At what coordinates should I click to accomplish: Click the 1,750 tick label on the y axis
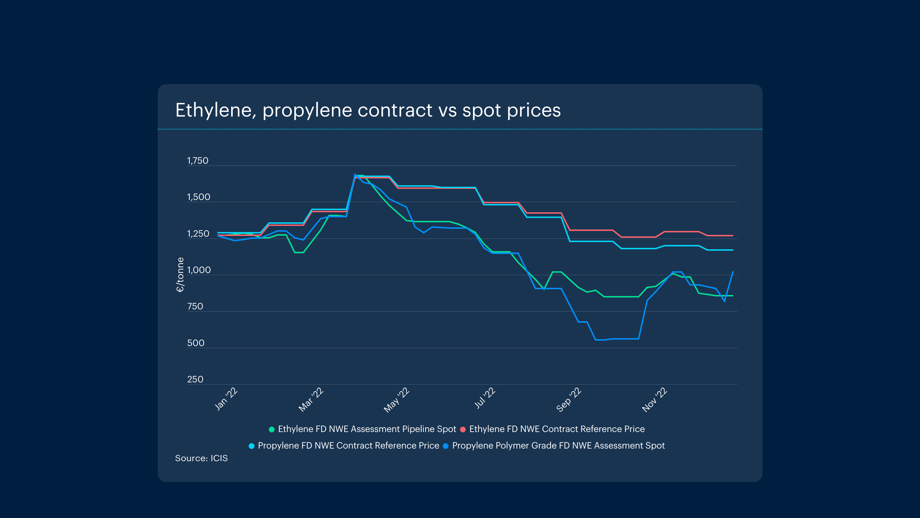pyautogui.click(x=198, y=161)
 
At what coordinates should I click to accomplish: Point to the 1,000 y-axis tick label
pyautogui.click(x=199, y=270)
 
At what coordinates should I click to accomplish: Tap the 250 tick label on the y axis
pyautogui.click(x=195, y=380)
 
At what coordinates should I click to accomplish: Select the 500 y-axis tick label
pyautogui.click(x=195, y=343)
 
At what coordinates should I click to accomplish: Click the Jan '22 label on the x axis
pyautogui.click(x=226, y=399)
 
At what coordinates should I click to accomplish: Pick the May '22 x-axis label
pyautogui.click(x=396, y=400)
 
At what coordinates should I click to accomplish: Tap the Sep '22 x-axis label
pyautogui.click(x=569, y=400)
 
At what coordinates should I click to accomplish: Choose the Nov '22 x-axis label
pyautogui.click(x=654, y=400)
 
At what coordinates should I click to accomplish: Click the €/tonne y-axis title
pyautogui.click(x=180, y=274)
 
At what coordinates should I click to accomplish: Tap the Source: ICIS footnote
pyautogui.click(x=201, y=458)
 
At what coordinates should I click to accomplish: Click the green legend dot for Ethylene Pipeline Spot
pyautogui.click(x=272, y=430)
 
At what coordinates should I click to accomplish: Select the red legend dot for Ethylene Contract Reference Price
pyautogui.click(x=463, y=430)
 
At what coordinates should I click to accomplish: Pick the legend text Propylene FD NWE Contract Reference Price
pyautogui.click(x=348, y=446)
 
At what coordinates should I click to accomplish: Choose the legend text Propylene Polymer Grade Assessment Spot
pyautogui.click(x=558, y=446)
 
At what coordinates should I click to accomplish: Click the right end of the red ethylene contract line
pyautogui.click(x=732, y=236)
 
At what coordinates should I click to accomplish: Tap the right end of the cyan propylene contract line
pyautogui.click(x=732, y=250)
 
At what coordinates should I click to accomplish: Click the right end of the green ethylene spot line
pyautogui.click(x=732, y=296)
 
